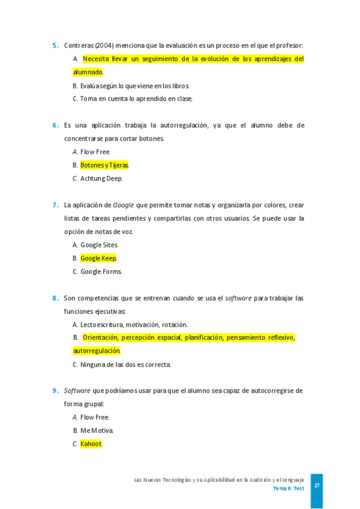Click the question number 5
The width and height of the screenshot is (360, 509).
click(x=55, y=45)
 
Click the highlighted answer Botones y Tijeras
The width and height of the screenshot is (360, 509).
click(x=104, y=165)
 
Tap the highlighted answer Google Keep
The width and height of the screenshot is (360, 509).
click(x=98, y=258)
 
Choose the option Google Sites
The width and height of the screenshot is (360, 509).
click(x=99, y=245)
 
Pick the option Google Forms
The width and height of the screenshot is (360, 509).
click(x=101, y=271)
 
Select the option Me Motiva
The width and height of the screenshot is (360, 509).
click(x=97, y=430)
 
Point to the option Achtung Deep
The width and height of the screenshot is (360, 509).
click(x=101, y=178)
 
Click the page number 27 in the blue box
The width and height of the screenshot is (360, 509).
click(x=317, y=484)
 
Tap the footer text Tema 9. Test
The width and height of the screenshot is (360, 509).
click(x=288, y=489)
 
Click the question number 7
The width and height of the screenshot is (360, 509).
click(x=55, y=205)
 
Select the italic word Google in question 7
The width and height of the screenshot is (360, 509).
click(x=123, y=205)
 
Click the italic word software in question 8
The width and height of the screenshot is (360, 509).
click(x=238, y=298)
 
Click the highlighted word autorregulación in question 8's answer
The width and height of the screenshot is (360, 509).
click(x=97, y=351)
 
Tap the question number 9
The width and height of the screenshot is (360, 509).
click(x=55, y=391)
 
